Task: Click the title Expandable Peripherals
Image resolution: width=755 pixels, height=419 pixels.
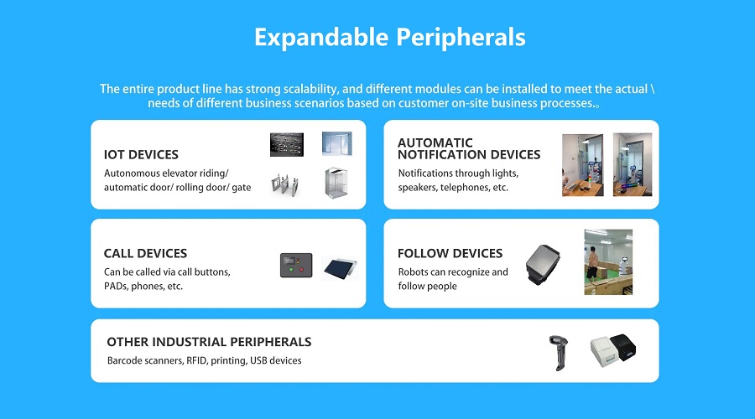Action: (389, 38)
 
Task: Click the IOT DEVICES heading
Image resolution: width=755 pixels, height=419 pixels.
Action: (141, 154)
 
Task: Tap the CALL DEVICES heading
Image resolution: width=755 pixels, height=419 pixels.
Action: (145, 253)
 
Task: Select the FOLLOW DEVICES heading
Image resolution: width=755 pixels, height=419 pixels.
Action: (450, 253)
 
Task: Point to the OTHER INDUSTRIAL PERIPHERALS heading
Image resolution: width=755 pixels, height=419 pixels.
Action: (209, 342)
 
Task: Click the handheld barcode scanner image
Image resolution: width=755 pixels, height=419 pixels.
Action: (559, 353)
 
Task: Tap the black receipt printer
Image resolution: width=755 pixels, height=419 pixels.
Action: (623, 346)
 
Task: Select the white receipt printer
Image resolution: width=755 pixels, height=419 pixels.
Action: (603, 352)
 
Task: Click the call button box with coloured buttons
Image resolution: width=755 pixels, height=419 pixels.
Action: (296, 265)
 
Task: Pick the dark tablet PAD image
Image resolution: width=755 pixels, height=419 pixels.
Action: (341, 268)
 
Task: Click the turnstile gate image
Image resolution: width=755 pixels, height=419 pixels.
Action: (285, 184)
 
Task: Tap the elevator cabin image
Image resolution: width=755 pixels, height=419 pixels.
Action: (336, 183)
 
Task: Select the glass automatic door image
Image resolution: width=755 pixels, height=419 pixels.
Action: (337, 143)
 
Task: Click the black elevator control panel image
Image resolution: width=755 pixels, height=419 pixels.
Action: (287, 144)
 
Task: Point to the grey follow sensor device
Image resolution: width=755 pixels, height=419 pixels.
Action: (543, 264)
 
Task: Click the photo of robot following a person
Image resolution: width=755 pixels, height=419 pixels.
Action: (609, 262)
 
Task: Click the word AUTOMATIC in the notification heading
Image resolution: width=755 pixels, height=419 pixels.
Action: (435, 142)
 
